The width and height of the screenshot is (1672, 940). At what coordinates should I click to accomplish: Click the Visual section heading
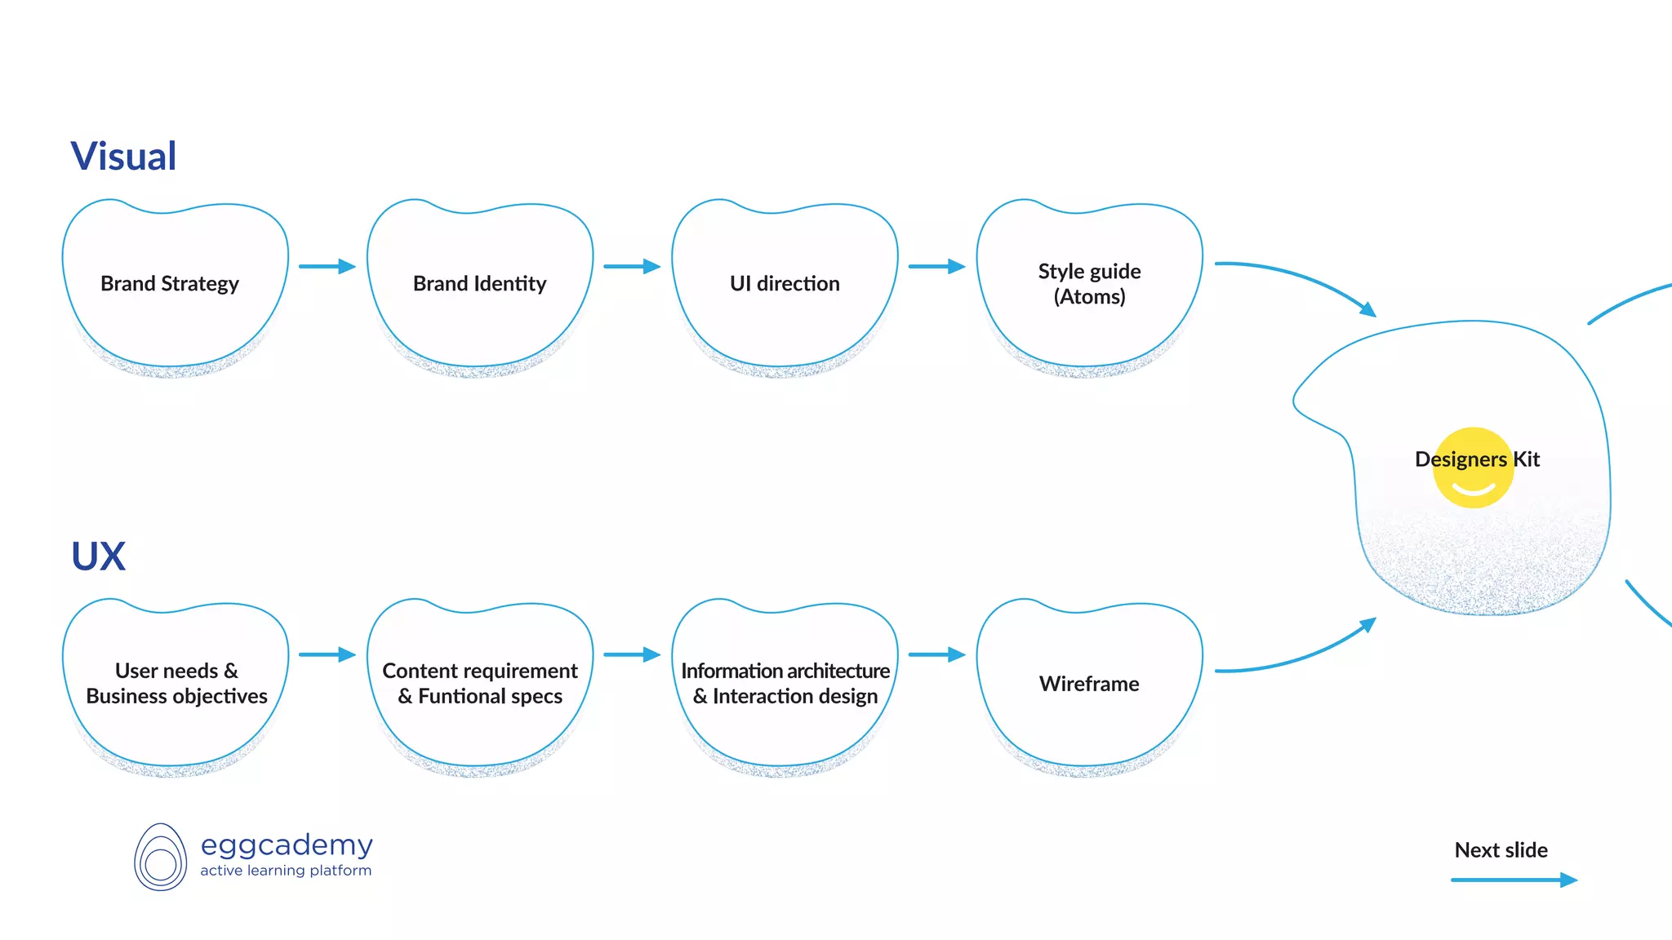(x=123, y=157)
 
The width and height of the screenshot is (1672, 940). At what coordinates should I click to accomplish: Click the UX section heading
(x=99, y=556)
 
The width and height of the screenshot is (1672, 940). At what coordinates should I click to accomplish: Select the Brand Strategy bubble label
(x=170, y=284)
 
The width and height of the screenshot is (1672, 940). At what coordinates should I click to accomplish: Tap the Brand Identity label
(x=479, y=284)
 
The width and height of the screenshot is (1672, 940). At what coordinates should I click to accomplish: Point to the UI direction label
(x=785, y=284)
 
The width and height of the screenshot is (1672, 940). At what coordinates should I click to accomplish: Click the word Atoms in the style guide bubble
(x=1089, y=297)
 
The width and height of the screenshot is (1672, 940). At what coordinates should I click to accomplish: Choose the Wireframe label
(x=1089, y=684)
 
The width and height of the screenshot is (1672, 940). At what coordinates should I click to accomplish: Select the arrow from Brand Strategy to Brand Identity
(x=327, y=267)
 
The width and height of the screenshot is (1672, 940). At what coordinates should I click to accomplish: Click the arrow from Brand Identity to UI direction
(x=631, y=267)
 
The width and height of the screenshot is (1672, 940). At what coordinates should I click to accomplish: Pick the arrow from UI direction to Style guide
(x=936, y=267)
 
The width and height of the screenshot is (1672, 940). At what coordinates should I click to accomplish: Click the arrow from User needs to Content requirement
(x=327, y=654)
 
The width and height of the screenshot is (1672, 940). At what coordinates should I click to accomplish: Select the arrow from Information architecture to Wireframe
(x=936, y=654)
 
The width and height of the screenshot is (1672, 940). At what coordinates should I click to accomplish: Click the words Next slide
(x=1501, y=850)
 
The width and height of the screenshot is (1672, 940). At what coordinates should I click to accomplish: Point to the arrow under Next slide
(x=1513, y=880)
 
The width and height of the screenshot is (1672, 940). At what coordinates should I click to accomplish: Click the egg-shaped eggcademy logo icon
(x=160, y=858)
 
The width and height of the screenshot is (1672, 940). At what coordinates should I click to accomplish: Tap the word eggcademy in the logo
(x=287, y=845)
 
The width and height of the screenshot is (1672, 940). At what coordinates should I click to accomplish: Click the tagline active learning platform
(x=286, y=871)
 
